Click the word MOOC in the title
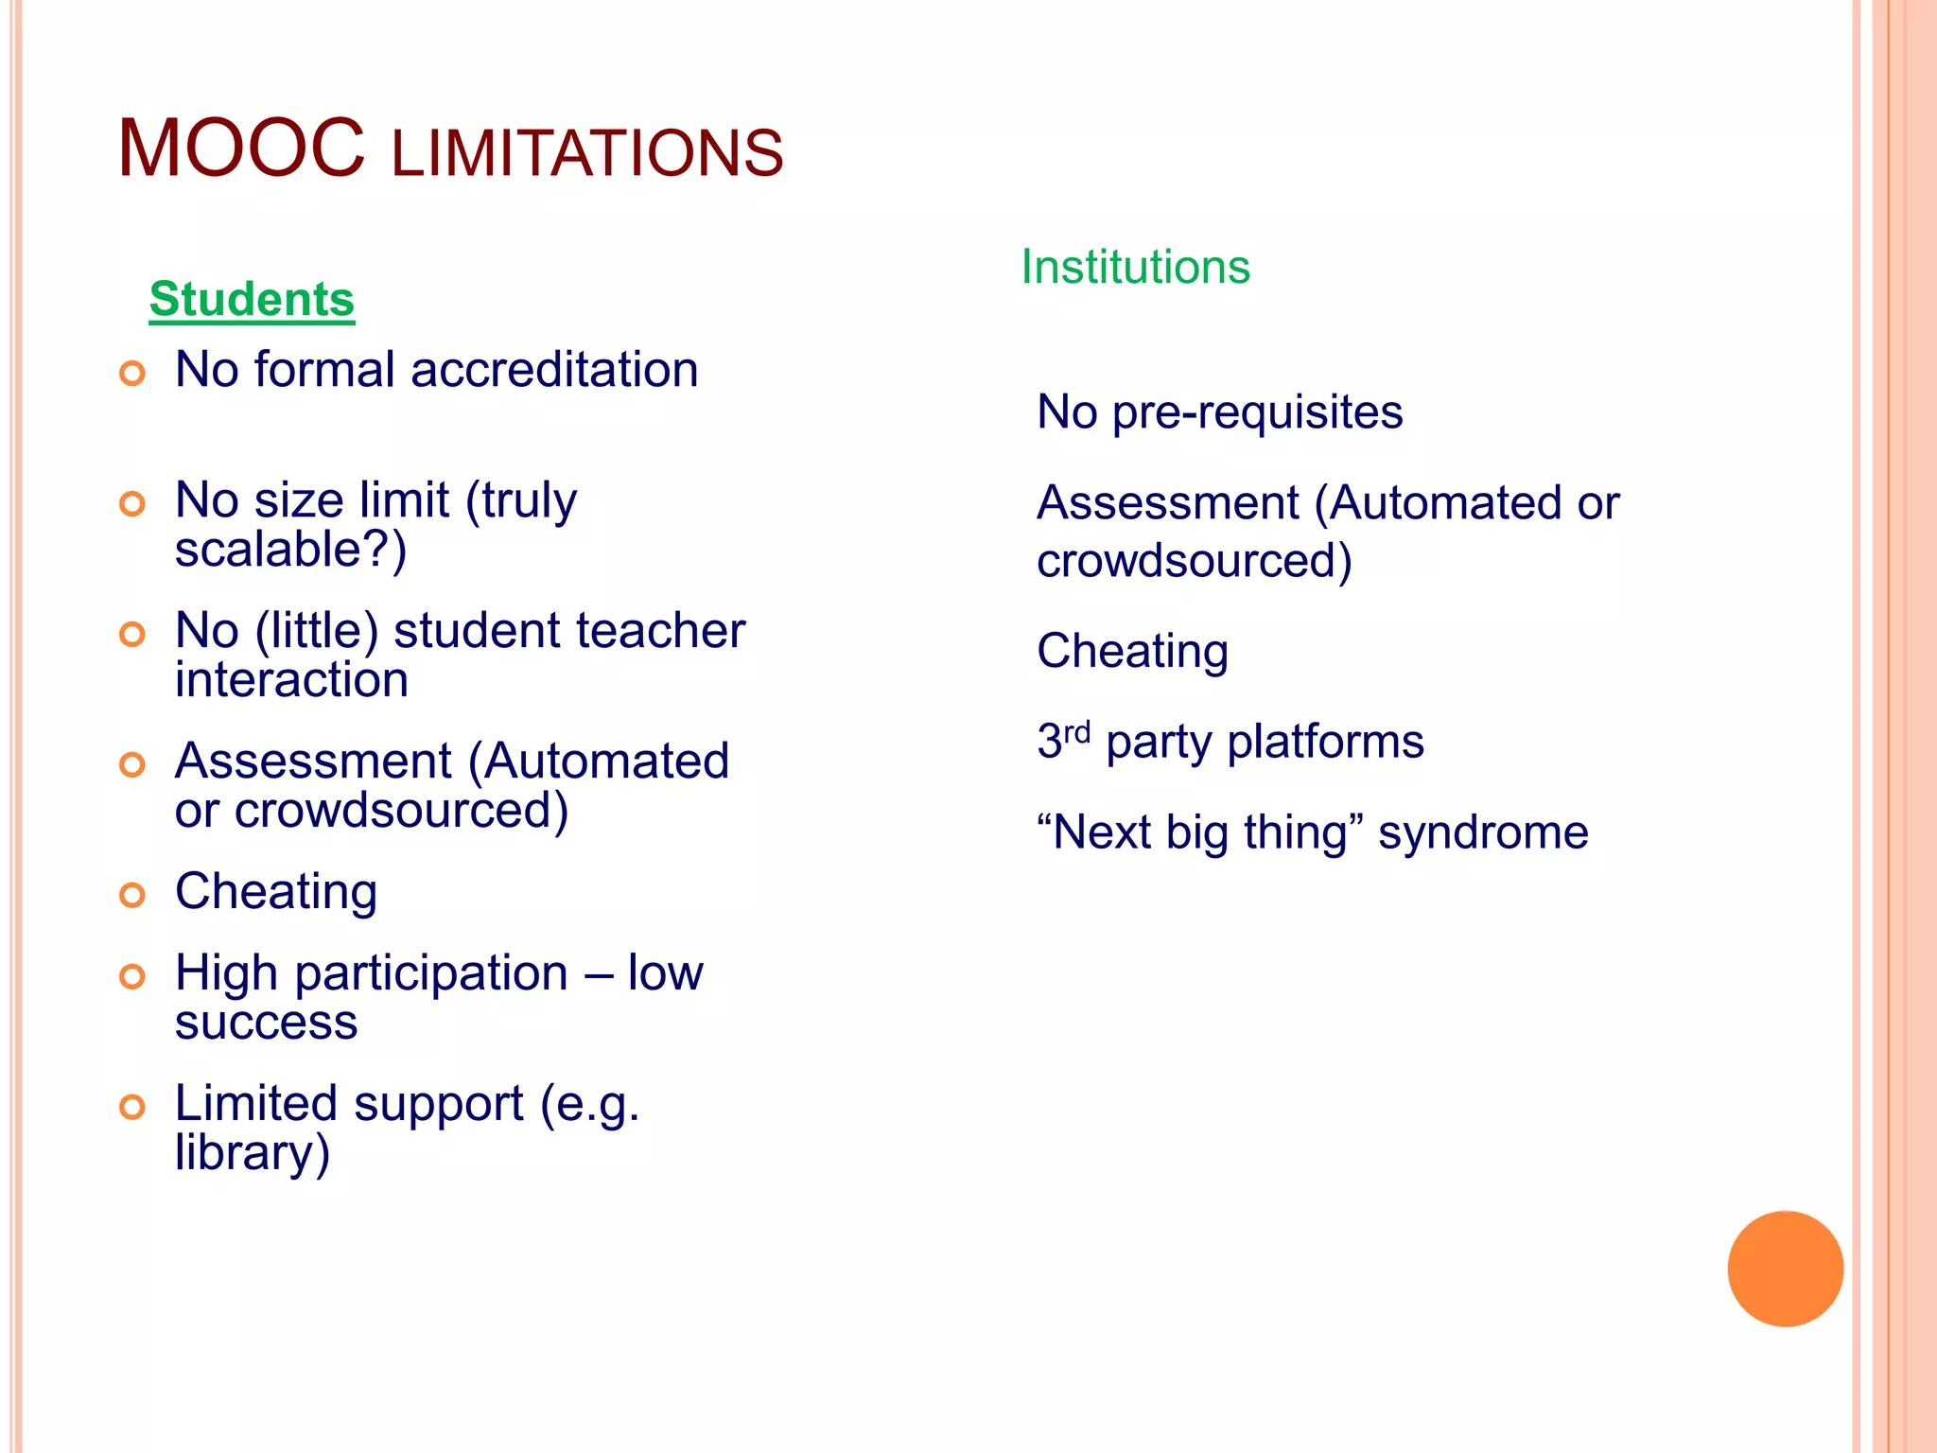[x=241, y=149]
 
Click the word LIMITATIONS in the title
[x=586, y=154]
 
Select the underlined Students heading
[x=252, y=299]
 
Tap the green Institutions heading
[x=1135, y=267]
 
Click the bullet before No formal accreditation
[x=132, y=373]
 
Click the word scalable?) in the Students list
[x=290, y=550]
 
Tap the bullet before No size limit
[x=132, y=503]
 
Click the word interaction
[x=291, y=680]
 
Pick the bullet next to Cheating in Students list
[x=132, y=895]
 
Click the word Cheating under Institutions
[x=1132, y=652]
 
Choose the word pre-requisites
[x=1257, y=412]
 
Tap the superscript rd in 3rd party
[x=1077, y=731]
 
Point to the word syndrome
[x=1483, y=833]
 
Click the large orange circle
[x=1785, y=1269]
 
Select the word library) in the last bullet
[x=253, y=1153]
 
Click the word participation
[x=431, y=973]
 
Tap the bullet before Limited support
[x=132, y=1107]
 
